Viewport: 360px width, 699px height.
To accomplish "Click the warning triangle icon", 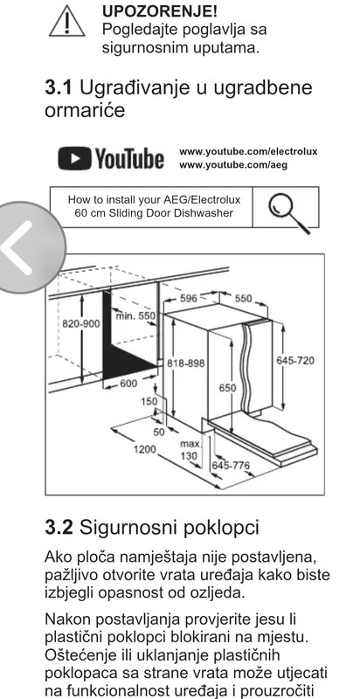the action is click(66, 23).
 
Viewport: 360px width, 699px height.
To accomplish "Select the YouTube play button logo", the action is click(75, 159).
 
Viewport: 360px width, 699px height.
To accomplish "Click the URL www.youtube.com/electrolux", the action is click(248, 151).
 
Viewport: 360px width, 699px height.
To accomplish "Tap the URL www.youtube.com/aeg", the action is click(233, 165).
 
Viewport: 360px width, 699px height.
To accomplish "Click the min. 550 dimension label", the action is click(135, 316).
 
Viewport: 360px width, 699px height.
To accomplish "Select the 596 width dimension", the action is click(189, 298).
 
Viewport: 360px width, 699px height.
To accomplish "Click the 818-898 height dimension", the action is click(186, 363).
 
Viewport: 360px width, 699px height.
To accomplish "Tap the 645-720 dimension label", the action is click(295, 360).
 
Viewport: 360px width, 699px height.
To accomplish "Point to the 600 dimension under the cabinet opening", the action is click(128, 383).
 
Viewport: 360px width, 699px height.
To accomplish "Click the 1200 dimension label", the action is click(145, 449).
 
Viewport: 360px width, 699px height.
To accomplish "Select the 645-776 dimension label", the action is click(231, 466).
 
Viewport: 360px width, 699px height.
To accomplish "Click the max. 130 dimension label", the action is click(190, 450).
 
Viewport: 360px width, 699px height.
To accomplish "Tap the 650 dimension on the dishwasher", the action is click(227, 388).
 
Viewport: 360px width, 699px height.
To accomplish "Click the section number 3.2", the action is click(59, 529).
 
